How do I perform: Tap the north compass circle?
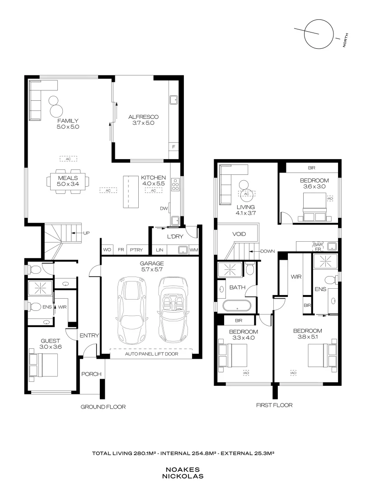pyautogui.click(x=318, y=34)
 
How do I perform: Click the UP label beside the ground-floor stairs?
pyautogui.click(x=86, y=233)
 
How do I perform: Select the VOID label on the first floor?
pyautogui.click(x=239, y=235)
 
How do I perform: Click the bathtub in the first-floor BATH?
pyautogui.click(x=237, y=305)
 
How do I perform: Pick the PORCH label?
pyautogui.click(x=91, y=374)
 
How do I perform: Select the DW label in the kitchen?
pyautogui.click(x=164, y=208)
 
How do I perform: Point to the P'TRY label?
pyautogui.click(x=135, y=249)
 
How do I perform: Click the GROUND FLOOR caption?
pyautogui.click(x=103, y=407)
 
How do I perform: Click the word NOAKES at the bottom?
pyautogui.click(x=183, y=469)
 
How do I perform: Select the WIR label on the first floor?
pyautogui.click(x=296, y=276)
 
